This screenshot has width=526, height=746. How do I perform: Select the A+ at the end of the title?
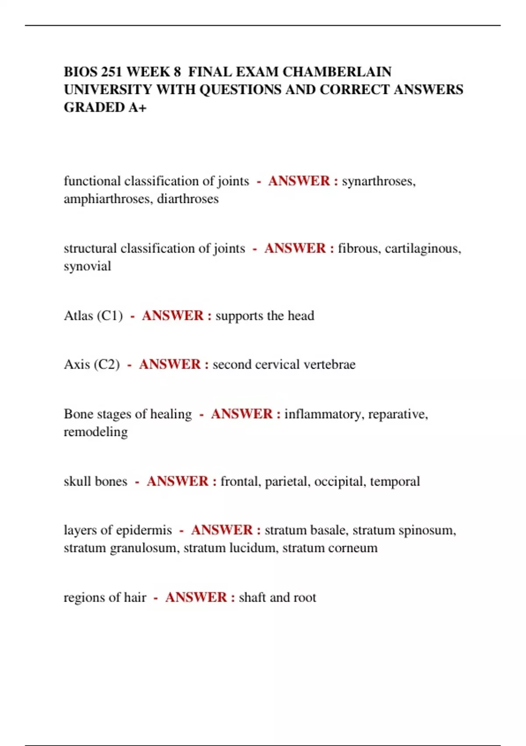[x=137, y=107]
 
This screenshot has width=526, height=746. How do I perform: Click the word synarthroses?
[x=378, y=181]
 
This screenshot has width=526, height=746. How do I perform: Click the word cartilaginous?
[x=423, y=249]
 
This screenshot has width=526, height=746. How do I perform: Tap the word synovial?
[x=87, y=266]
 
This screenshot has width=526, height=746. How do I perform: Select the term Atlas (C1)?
[x=93, y=316]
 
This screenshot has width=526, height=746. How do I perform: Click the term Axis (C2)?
[x=92, y=365]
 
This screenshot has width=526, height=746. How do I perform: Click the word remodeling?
[x=96, y=432]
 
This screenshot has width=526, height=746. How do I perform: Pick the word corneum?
[x=352, y=548]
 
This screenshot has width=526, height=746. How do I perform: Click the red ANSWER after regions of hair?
[x=196, y=597]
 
